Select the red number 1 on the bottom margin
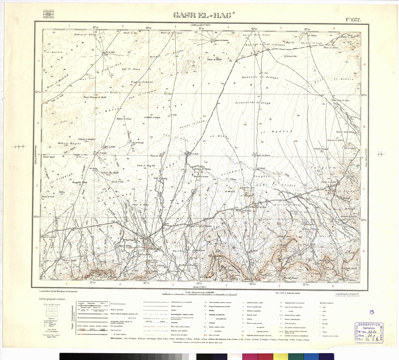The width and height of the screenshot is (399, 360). tap(67, 284)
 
